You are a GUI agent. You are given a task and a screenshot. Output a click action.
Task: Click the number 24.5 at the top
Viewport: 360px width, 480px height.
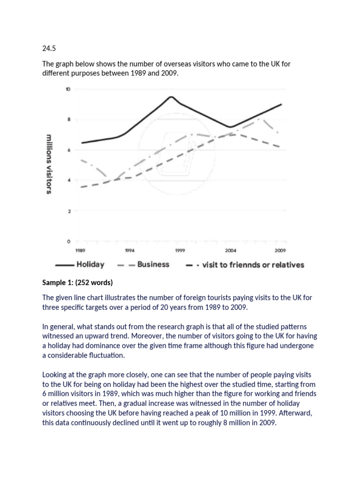point(49,48)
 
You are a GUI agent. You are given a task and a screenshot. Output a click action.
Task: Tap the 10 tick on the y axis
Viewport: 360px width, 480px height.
point(68,89)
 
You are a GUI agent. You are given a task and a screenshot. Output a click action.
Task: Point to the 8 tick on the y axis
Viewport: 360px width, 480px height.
point(68,120)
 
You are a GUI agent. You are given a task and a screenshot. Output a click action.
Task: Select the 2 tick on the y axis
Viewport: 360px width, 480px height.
point(68,211)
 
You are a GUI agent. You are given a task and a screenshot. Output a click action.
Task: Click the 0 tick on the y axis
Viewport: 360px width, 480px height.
point(68,242)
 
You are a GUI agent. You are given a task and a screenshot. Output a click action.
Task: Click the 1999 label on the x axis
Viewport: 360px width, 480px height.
point(180,250)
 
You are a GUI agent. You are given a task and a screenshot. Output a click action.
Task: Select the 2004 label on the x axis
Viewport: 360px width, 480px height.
point(231,250)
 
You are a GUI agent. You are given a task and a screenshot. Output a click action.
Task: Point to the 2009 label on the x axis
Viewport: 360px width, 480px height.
point(281,250)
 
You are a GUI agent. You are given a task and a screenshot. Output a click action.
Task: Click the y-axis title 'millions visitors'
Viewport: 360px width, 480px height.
point(49,164)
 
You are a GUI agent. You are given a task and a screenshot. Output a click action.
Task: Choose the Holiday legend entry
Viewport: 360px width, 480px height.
point(90,265)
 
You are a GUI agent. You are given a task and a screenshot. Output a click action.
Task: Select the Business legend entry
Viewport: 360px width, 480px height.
point(153,265)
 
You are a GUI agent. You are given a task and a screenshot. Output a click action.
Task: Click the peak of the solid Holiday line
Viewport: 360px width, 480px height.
point(171,97)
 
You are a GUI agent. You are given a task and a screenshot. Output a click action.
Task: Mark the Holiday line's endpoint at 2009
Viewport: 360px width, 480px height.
point(282,104)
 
